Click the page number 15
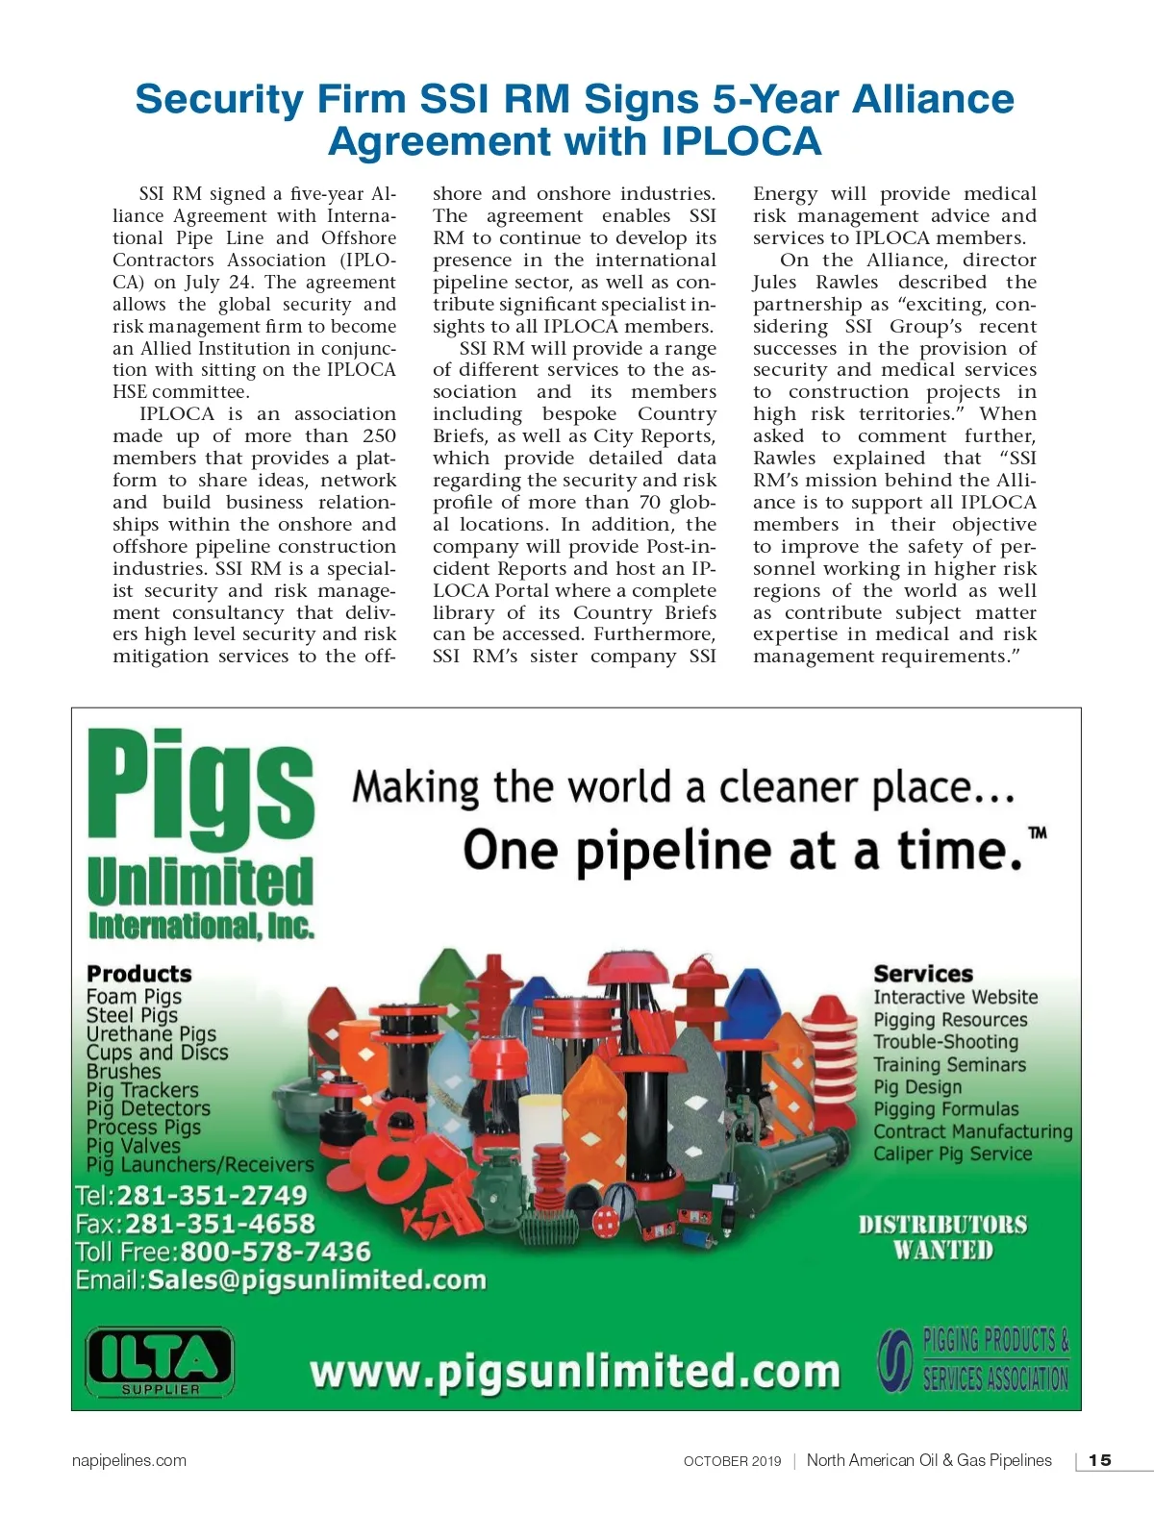[1099, 1460]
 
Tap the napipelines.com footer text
[129, 1460]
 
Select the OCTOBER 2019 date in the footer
[732, 1461]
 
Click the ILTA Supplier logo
[160, 1361]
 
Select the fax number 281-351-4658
[220, 1224]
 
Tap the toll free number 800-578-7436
[275, 1252]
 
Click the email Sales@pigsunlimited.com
[316, 1279]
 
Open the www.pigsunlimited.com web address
[574, 1372]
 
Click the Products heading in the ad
[139, 974]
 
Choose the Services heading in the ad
[923, 974]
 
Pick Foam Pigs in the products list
[134, 996]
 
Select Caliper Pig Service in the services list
[952, 1154]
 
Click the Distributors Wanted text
[942, 1237]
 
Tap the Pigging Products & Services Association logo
[973, 1359]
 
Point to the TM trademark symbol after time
[1038, 832]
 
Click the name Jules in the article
[774, 283]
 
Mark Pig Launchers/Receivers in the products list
[200, 1164]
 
